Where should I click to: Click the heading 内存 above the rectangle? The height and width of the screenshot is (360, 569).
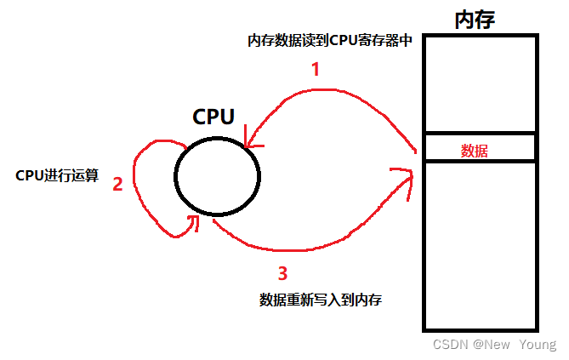coord(475,18)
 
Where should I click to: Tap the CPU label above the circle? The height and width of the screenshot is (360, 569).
coord(213,117)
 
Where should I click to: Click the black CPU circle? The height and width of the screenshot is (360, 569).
coord(217,176)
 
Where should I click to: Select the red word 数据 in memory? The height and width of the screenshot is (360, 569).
coord(475,151)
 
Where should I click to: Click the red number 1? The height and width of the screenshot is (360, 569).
coord(316,70)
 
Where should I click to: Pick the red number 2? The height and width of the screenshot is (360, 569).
coord(118,184)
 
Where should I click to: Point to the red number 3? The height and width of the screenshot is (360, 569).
coord(283,273)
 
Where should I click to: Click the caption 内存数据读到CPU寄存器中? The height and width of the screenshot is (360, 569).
coord(330,41)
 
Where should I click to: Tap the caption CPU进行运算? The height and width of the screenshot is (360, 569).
coord(57,175)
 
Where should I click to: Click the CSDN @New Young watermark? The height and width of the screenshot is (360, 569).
coord(493,345)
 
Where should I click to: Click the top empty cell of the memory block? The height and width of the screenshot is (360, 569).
coord(479,83)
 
